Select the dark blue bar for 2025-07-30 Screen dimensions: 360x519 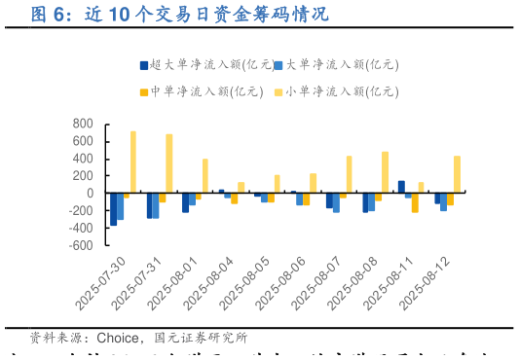click(114, 208)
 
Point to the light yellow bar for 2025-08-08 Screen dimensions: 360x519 click(385, 172)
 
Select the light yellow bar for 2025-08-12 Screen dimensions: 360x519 click(457, 174)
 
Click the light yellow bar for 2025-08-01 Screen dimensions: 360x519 click(204, 175)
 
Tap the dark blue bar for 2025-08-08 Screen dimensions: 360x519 click(365, 202)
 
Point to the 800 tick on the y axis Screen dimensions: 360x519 click(83, 124)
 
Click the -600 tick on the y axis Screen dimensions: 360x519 click(81, 245)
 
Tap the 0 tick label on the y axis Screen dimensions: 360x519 click(89, 193)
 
